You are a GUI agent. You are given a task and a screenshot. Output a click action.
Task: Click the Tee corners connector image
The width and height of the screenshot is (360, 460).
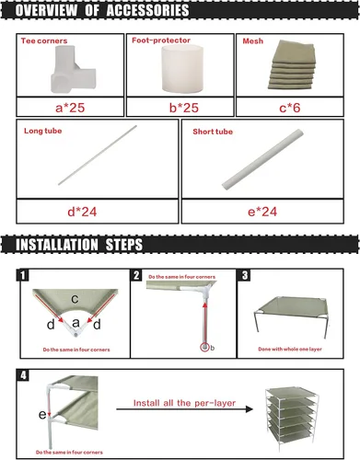click(x=73, y=69)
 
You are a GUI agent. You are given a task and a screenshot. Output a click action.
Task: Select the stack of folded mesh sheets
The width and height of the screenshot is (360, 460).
click(x=292, y=64)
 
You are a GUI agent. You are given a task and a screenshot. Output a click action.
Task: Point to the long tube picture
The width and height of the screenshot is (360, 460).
click(x=98, y=155)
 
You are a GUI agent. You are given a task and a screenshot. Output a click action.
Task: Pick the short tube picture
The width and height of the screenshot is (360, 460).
click(x=262, y=159)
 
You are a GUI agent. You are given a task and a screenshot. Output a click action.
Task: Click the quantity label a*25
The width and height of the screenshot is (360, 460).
click(x=70, y=108)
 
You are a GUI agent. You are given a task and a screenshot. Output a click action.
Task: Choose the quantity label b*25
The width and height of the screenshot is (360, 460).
click(x=184, y=108)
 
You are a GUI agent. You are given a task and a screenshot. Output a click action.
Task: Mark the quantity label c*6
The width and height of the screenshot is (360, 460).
click(x=290, y=108)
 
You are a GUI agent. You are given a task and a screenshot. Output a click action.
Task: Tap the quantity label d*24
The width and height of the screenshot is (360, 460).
click(x=82, y=212)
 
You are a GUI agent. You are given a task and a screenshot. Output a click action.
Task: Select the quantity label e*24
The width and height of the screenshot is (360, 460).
click(x=262, y=212)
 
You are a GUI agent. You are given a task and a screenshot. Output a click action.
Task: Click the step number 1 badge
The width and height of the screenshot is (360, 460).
click(x=22, y=275)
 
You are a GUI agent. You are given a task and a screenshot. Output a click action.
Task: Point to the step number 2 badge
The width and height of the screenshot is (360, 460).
click(x=136, y=275)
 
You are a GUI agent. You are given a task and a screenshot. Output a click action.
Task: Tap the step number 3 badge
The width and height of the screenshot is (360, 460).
click(x=245, y=275)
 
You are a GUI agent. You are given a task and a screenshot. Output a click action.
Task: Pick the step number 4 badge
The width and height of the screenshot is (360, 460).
click(x=23, y=375)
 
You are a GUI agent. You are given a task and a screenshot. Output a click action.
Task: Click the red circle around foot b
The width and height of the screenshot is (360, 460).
click(x=204, y=347)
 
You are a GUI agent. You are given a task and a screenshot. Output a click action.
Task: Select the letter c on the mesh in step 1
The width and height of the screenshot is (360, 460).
click(x=75, y=298)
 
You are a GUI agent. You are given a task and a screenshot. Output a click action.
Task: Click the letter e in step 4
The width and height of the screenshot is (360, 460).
click(x=42, y=415)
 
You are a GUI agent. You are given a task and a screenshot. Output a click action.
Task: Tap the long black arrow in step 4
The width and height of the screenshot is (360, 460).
click(x=185, y=409)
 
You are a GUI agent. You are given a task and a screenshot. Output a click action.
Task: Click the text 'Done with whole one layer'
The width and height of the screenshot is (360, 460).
click(x=290, y=349)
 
